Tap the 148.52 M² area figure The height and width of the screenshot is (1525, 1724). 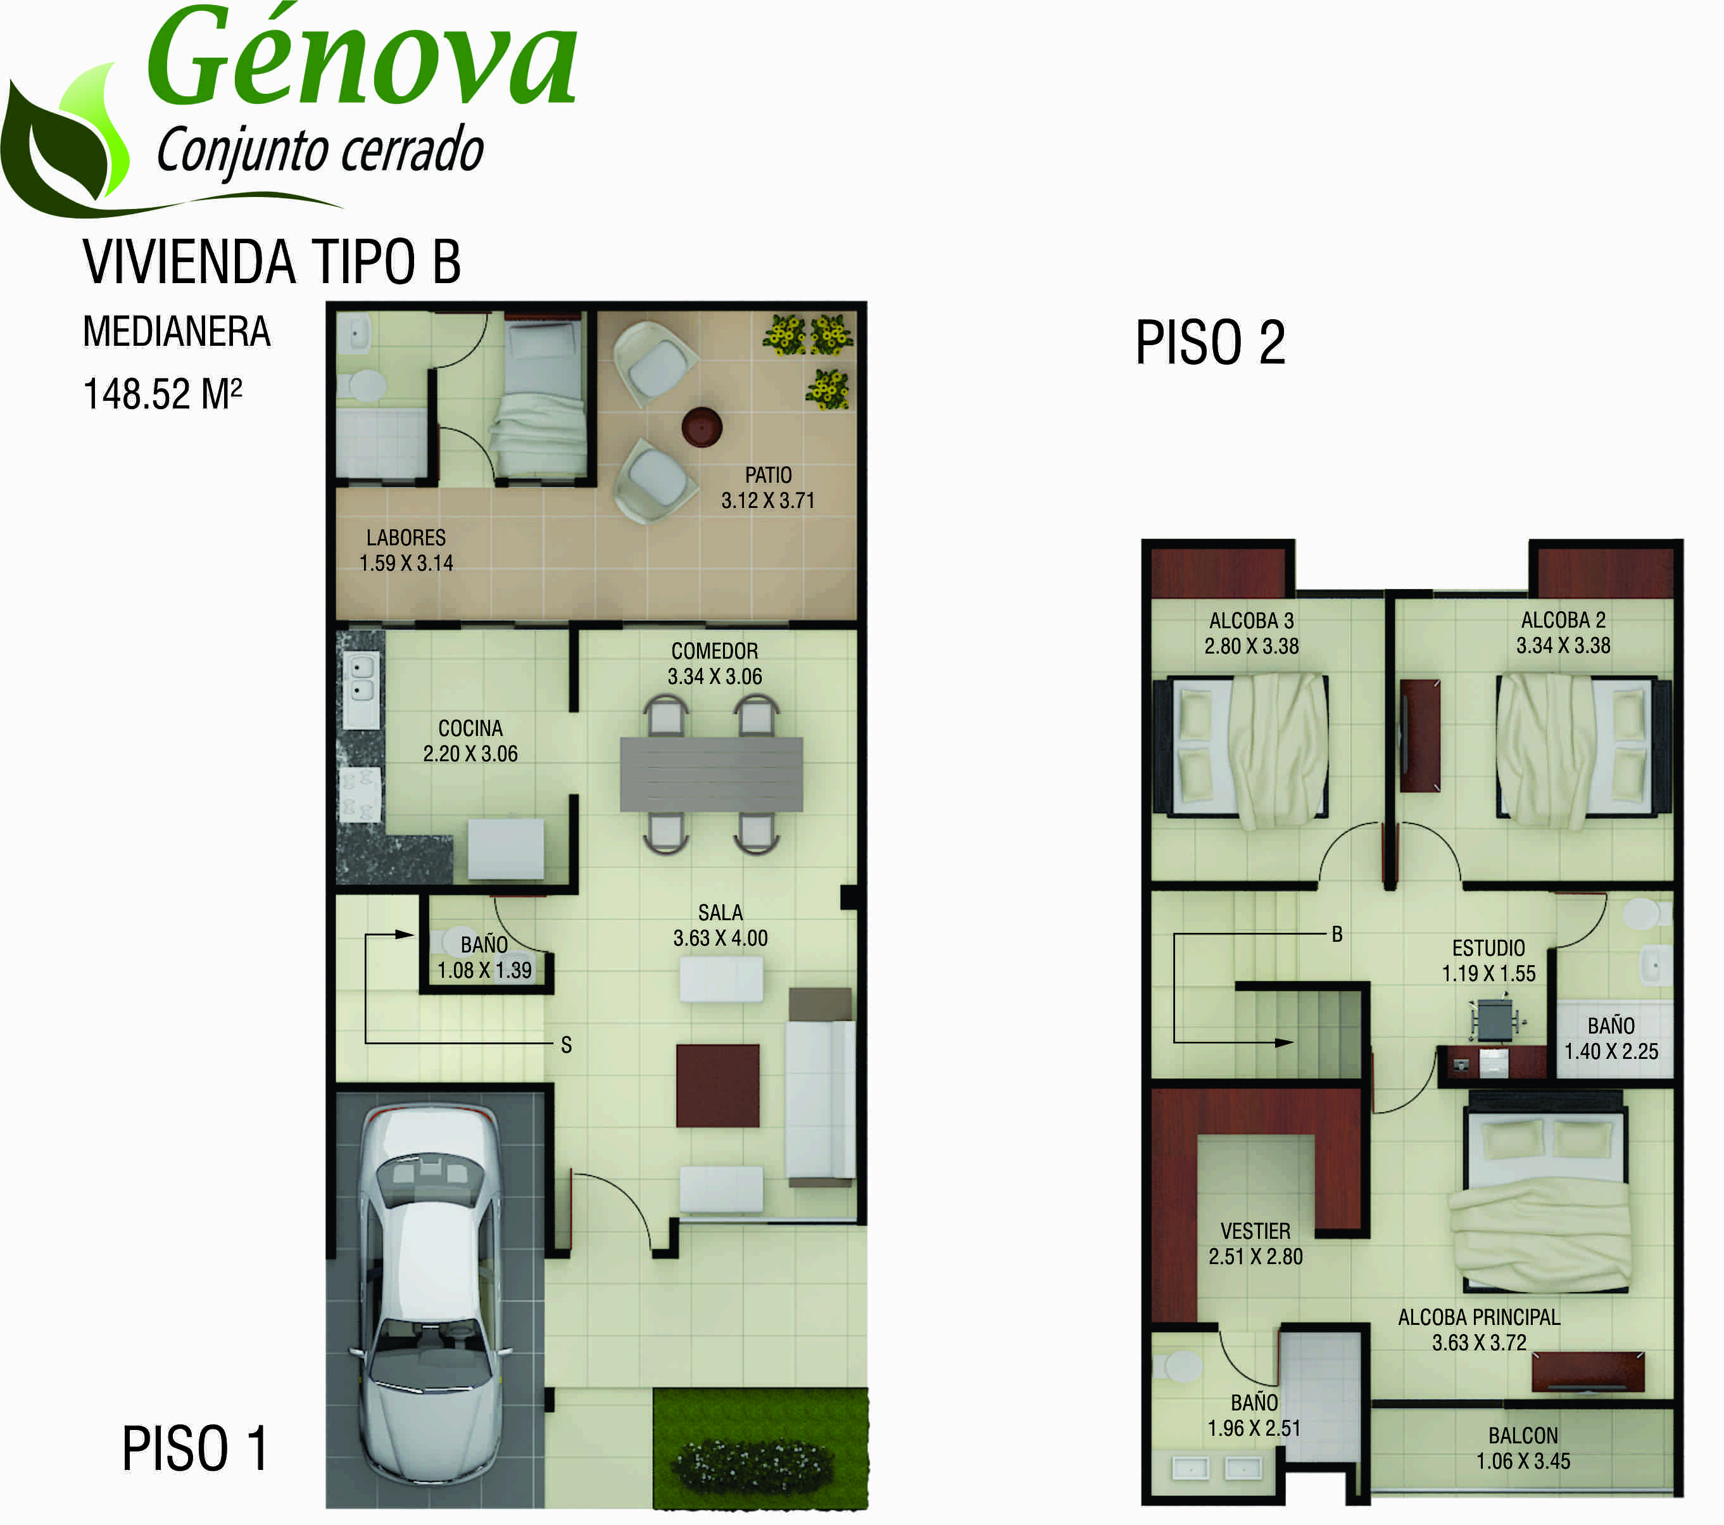coord(163,394)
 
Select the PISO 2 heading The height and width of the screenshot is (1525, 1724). coord(1211,343)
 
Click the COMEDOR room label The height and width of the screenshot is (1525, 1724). coord(714,651)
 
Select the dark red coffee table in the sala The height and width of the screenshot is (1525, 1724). coord(718,1085)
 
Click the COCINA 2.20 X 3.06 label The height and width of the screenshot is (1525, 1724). coord(470,740)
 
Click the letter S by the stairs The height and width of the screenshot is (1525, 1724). coord(567,1045)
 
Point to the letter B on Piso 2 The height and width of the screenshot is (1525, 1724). coord(1337,933)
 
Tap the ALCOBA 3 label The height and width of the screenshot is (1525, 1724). coord(1252,621)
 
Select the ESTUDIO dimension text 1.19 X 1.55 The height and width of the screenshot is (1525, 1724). coord(1488,973)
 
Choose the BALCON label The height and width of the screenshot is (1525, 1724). coord(1523,1436)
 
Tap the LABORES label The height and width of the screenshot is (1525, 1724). coord(406,537)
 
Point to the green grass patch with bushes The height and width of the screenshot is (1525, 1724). coord(760,1448)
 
